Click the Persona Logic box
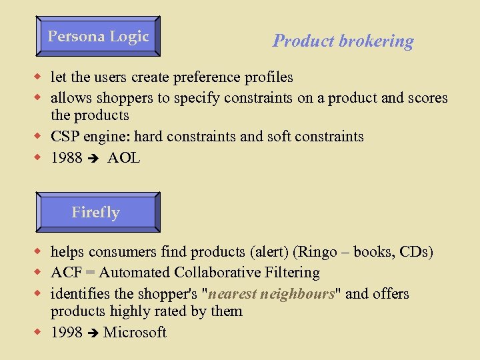point(97,37)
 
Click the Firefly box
point(97,213)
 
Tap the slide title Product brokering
point(343,41)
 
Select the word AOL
point(123,158)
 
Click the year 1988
point(67,158)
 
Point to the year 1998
point(67,332)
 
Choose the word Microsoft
point(135,332)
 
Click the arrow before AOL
point(93,159)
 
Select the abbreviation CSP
point(65,137)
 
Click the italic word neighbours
point(297,294)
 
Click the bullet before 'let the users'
point(39,77)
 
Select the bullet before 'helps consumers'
point(39,252)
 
